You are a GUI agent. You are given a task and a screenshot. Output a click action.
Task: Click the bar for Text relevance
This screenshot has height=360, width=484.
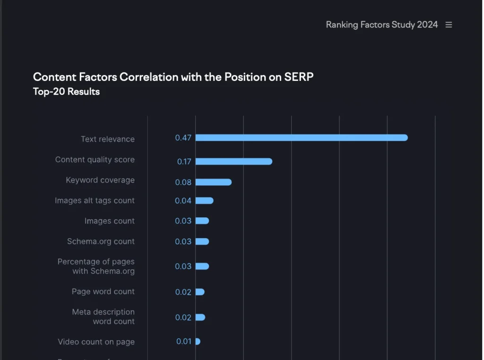pyautogui.click(x=301, y=138)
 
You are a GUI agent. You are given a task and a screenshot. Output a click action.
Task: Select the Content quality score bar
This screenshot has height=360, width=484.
pyautogui.click(x=233, y=162)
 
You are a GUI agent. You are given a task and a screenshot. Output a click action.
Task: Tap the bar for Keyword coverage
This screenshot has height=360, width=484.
pyautogui.click(x=213, y=182)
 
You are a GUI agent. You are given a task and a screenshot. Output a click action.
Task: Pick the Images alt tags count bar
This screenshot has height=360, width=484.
pyautogui.click(x=204, y=201)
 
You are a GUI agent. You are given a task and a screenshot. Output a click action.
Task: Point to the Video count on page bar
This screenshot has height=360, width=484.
pyautogui.click(x=198, y=342)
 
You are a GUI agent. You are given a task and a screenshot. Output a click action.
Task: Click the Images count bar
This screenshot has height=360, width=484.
pyautogui.click(x=202, y=221)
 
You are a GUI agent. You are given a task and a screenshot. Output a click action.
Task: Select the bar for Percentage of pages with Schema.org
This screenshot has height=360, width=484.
pyautogui.click(x=202, y=266)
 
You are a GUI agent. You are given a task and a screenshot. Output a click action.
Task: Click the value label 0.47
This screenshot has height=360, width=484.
pyautogui.click(x=183, y=138)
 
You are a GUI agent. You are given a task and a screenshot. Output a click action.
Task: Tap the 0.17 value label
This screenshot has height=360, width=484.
pyautogui.click(x=184, y=162)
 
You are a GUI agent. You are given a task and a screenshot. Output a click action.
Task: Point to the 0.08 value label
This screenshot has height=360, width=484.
pyautogui.click(x=183, y=182)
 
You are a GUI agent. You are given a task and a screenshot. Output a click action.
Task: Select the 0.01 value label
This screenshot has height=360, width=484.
pyautogui.click(x=183, y=342)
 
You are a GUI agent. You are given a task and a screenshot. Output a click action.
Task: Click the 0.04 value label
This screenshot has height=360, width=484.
pyautogui.click(x=183, y=201)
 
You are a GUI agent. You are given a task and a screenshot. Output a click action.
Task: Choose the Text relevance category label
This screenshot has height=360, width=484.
pyautogui.click(x=108, y=139)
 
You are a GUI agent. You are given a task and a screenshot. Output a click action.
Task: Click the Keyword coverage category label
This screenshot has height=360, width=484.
pyautogui.click(x=100, y=180)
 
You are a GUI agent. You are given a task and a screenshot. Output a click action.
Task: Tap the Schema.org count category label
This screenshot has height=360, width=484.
pyautogui.click(x=101, y=241)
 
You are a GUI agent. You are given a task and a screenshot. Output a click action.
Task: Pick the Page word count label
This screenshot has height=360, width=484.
pyautogui.click(x=103, y=291)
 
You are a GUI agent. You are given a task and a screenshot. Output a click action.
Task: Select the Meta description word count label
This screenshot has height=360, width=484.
pyautogui.click(x=104, y=317)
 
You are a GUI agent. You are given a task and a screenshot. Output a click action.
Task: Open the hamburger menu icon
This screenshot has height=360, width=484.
pyautogui.click(x=449, y=25)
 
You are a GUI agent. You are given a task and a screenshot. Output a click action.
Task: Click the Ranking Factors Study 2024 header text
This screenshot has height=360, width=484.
pyautogui.click(x=382, y=25)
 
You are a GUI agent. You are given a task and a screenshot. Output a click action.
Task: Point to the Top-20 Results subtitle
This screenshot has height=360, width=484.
pyautogui.click(x=66, y=92)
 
